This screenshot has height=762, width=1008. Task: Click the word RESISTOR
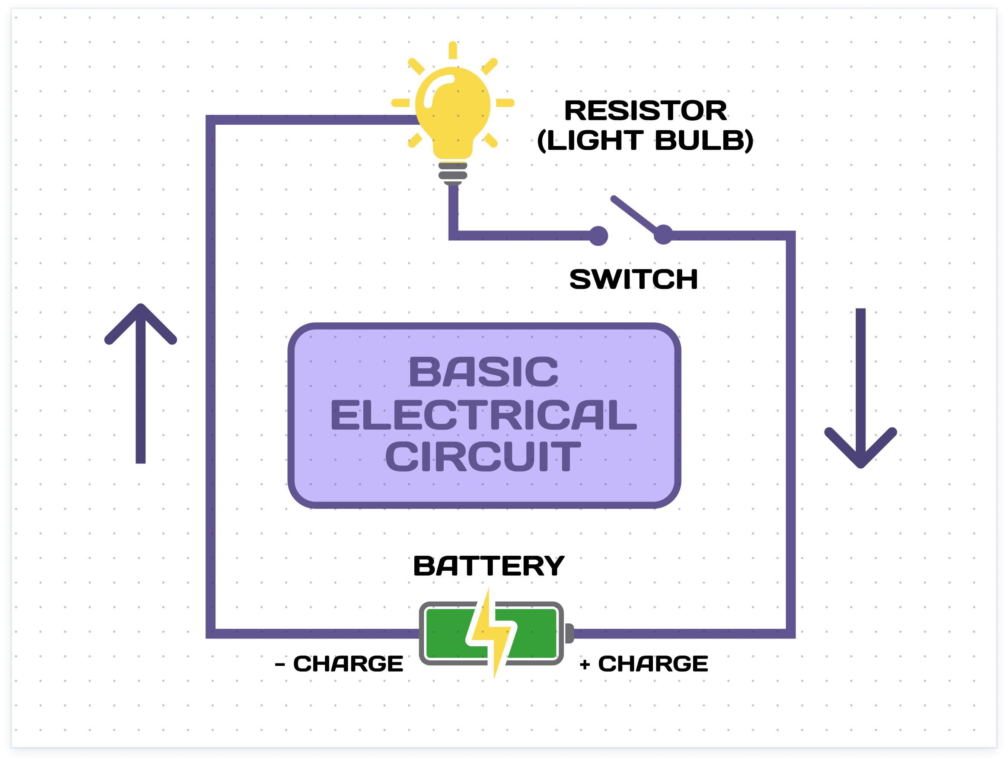pos(645,111)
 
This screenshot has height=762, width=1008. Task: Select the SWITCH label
pos(634,279)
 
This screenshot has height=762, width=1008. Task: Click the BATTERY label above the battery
pos(488,567)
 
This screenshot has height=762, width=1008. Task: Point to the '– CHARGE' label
pos(339,664)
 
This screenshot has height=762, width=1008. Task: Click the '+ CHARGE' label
pos(644,664)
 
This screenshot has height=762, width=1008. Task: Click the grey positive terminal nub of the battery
pos(569,634)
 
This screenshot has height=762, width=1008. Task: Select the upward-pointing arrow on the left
pos(140,383)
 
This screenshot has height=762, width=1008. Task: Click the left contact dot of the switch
pos(598,236)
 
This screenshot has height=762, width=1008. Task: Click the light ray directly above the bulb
pos(453,50)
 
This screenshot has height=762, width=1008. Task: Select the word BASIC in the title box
pos(484,372)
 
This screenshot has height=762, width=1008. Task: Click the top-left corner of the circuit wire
pos(211,120)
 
